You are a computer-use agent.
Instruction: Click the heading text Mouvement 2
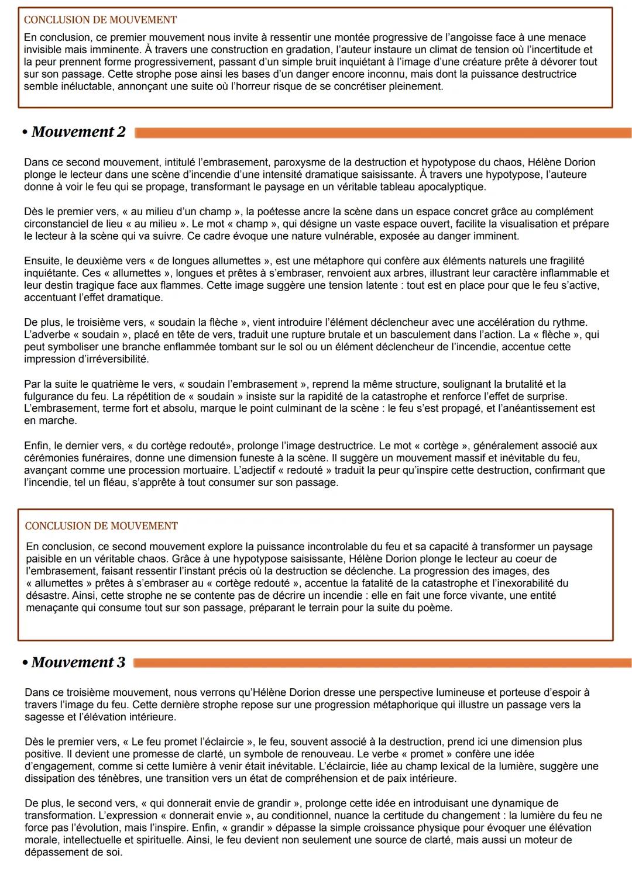[x=78, y=132]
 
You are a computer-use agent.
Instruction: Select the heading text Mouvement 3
[x=78, y=663]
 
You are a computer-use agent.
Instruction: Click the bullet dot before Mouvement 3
[x=25, y=663]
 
